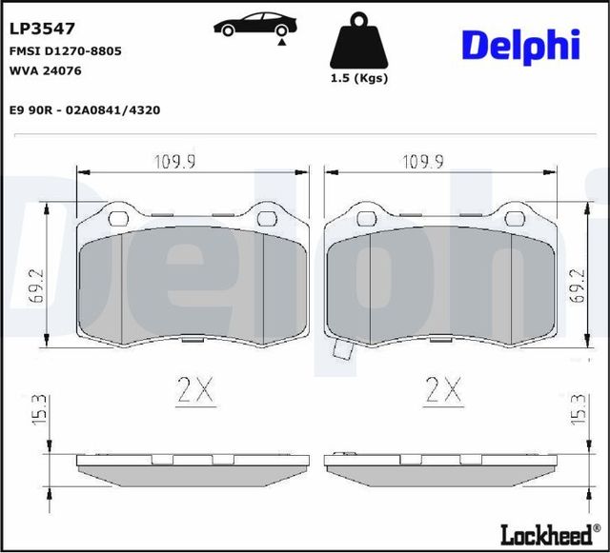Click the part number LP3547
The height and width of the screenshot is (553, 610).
(42, 30)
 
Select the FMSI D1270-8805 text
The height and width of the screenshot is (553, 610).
(65, 50)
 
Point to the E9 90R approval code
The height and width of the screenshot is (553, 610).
(84, 110)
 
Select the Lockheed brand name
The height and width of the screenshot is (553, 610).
(544, 535)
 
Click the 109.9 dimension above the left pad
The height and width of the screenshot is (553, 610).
(175, 161)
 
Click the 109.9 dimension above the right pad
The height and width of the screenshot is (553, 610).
(423, 161)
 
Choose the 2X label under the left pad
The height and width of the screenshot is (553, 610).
(193, 389)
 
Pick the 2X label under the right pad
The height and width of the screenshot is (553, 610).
(442, 389)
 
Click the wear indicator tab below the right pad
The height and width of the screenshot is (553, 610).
(342, 353)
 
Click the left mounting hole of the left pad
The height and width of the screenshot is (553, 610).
(119, 218)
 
